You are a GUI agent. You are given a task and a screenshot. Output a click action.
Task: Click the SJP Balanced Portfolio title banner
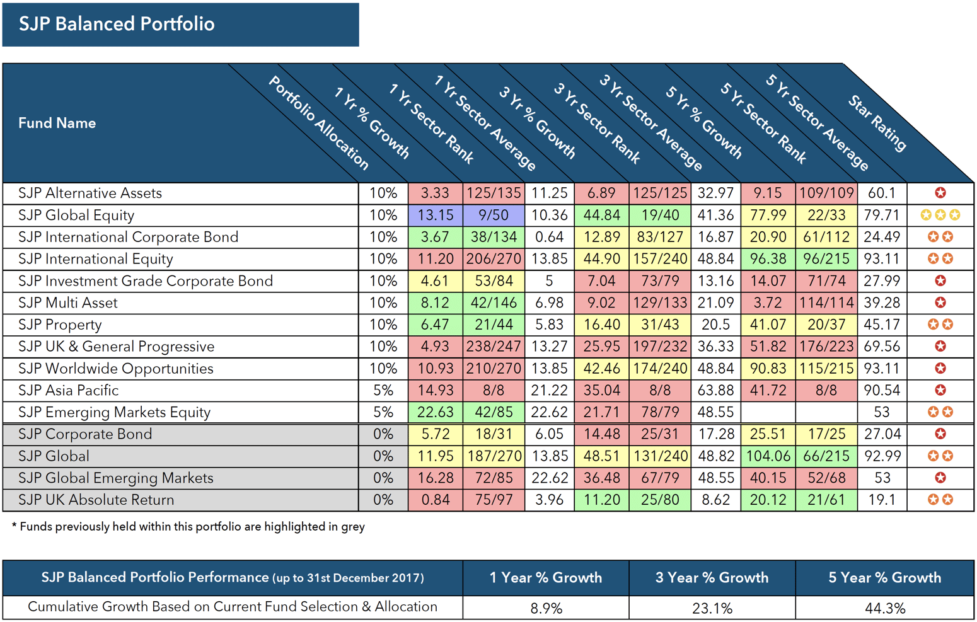[x=180, y=25]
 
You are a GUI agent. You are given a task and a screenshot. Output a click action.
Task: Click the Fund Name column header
[x=57, y=123]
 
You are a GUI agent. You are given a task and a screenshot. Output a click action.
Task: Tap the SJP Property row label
[x=60, y=325]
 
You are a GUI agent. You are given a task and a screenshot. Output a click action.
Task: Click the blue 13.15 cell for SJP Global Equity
[x=435, y=215]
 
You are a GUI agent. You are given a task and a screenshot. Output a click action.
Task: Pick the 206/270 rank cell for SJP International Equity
[x=494, y=259]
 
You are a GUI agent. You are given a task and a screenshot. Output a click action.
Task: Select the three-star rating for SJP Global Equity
[x=940, y=215]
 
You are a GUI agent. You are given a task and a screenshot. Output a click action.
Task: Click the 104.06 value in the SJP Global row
[x=767, y=456]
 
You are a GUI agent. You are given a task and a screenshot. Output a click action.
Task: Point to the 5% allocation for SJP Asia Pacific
[x=383, y=390]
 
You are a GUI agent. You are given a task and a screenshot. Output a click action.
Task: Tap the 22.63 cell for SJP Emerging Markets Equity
[x=435, y=412]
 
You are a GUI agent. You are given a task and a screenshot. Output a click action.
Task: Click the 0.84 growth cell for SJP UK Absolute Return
[x=435, y=500]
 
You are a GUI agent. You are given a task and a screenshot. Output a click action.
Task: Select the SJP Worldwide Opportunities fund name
[x=115, y=369]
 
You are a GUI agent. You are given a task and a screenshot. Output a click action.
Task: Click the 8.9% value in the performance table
[x=546, y=608]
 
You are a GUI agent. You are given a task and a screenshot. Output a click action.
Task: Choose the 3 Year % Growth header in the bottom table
[x=712, y=578]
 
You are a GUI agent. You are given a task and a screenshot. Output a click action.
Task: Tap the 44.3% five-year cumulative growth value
[x=884, y=608]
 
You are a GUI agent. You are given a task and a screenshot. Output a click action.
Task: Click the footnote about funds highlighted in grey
[x=188, y=527]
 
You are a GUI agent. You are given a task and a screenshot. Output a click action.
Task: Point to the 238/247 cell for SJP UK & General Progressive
[x=494, y=347]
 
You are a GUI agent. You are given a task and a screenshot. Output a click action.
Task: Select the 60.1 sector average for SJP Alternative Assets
[x=881, y=193]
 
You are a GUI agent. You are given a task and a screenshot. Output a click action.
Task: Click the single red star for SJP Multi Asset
[x=940, y=302]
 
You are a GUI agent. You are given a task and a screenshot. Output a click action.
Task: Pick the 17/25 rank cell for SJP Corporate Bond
[x=826, y=434]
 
